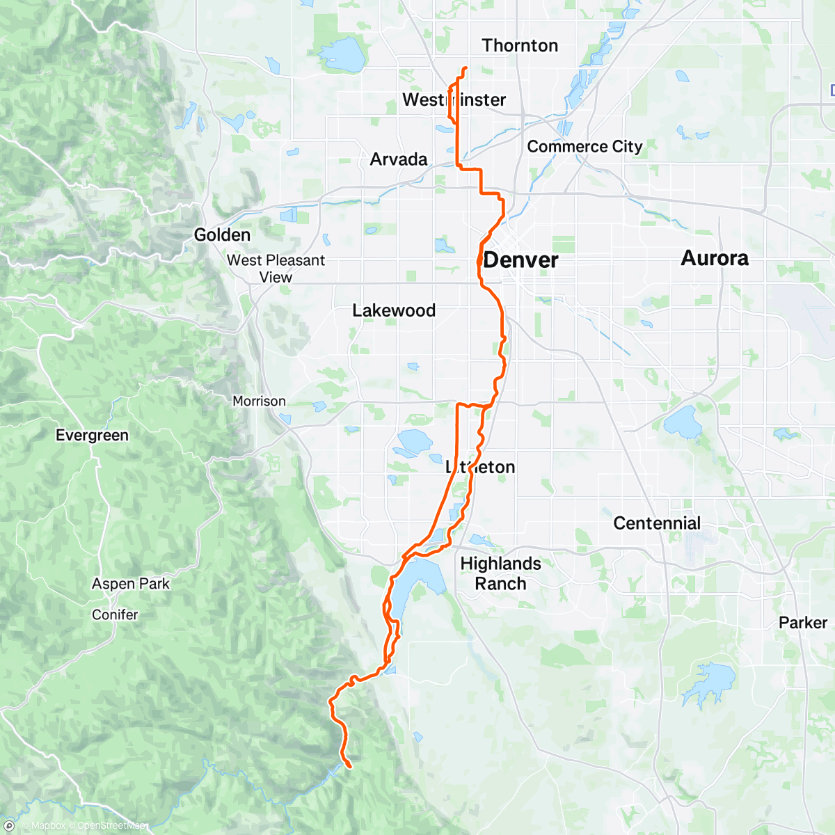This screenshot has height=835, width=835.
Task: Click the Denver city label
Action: (520, 260)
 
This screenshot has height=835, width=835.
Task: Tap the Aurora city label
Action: (715, 258)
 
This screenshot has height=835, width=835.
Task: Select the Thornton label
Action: (520, 46)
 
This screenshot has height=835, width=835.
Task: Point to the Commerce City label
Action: (584, 147)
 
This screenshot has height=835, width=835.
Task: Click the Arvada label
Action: (399, 159)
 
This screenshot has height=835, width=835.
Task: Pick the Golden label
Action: (222, 235)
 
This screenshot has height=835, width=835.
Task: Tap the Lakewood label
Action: (394, 310)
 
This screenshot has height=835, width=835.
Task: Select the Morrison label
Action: (259, 401)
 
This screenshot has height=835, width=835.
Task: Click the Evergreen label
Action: (92, 436)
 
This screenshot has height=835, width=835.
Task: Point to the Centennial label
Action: (657, 523)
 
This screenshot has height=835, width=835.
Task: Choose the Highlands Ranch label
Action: (500, 573)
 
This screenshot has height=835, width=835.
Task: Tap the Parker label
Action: (803, 623)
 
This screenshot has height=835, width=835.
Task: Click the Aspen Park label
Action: (131, 584)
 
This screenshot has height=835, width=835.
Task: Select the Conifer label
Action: (115, 614)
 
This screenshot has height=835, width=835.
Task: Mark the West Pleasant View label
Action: (276, 269)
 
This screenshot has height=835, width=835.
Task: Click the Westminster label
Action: (454, 100)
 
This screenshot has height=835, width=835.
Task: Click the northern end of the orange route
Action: (465, 67)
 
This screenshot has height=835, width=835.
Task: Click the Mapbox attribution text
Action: (48, 826)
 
